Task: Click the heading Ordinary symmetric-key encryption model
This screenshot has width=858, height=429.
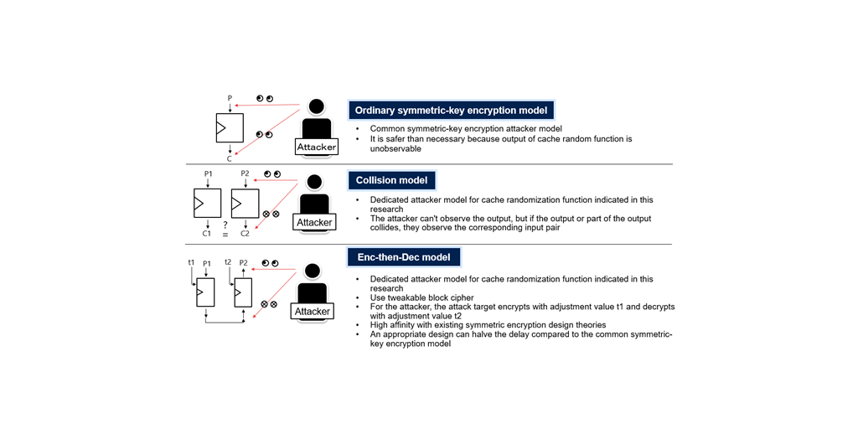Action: pos(452,111)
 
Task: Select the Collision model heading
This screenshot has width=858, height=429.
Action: pos(392,180)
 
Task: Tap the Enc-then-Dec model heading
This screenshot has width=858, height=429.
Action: pos(404,257)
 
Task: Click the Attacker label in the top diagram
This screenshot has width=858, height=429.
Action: pos(317,147)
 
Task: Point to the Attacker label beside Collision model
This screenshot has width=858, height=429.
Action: pos(315,223)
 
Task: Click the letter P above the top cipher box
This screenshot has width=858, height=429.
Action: pos(230,99)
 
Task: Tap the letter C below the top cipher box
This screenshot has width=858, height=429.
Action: pos(230,158)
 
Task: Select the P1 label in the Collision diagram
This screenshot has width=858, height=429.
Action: pos(209,174)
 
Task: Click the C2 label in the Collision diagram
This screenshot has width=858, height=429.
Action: pos(245,234)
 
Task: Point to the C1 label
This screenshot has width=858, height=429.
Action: pos(207,234)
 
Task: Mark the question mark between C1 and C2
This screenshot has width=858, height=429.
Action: pos(225,225)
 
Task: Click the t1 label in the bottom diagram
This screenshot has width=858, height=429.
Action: pos(191,262)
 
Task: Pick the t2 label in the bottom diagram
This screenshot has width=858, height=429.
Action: pos(228,262)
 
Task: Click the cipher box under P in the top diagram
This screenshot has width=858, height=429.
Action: pos(229,128)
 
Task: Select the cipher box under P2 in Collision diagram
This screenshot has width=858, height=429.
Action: pos(245,204)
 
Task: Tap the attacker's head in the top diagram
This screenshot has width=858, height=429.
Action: pos(316,106)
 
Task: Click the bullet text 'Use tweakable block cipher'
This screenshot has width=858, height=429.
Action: pos(421,297)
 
